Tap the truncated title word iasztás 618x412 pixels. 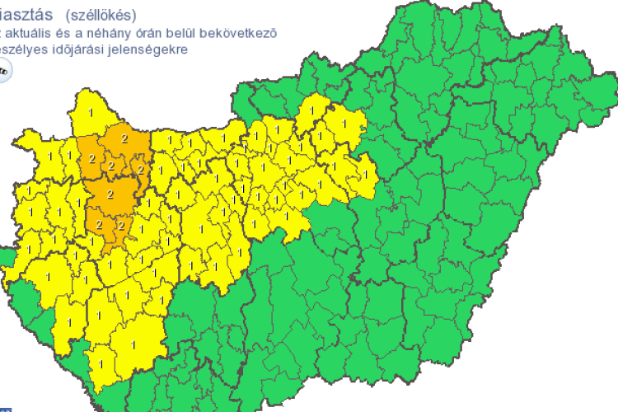[x=30, y=15]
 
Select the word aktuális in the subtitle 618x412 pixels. [x=34, y=33]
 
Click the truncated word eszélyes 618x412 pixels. [x=27, y=49]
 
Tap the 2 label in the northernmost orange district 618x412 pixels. [x=124, y=138]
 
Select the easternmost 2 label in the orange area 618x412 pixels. [x=141, y=169]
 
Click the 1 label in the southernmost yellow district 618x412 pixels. [x=101, y=363]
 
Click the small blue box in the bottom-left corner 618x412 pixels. [x=4, y=408]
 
